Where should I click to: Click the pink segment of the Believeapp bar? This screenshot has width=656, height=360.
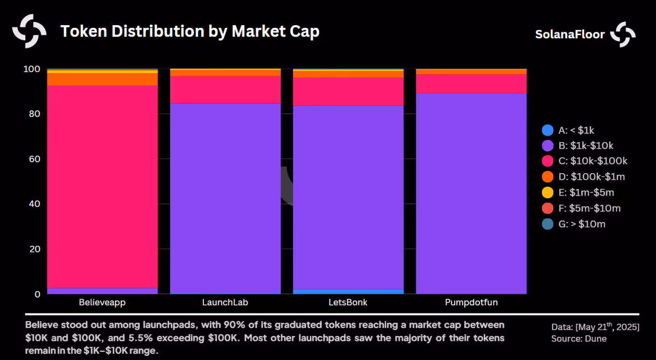102,187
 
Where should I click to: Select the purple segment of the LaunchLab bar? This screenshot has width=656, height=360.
225,198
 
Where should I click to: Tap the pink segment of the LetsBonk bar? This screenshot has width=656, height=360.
348,91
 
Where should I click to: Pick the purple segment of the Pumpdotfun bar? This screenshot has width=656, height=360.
471,194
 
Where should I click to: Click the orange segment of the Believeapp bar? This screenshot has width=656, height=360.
102,79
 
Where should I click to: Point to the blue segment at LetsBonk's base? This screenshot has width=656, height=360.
348,292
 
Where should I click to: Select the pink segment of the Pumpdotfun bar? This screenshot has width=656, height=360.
471,84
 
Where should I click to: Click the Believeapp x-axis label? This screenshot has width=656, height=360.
102,302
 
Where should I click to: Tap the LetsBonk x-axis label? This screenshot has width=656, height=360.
348,302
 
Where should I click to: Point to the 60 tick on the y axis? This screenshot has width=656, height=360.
34,159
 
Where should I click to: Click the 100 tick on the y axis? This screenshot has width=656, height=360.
32,69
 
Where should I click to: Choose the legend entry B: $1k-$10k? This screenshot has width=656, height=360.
577,145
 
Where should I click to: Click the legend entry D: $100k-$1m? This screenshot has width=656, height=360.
583,177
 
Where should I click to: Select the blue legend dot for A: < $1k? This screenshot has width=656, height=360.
548,130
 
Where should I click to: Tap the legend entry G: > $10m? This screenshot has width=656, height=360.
573,224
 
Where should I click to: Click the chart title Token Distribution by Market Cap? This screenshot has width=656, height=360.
190,31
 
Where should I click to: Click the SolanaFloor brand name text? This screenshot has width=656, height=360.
570,34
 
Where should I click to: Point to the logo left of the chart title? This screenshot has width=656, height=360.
30,31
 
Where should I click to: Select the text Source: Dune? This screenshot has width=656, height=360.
579,339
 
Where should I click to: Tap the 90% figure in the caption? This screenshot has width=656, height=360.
233,325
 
